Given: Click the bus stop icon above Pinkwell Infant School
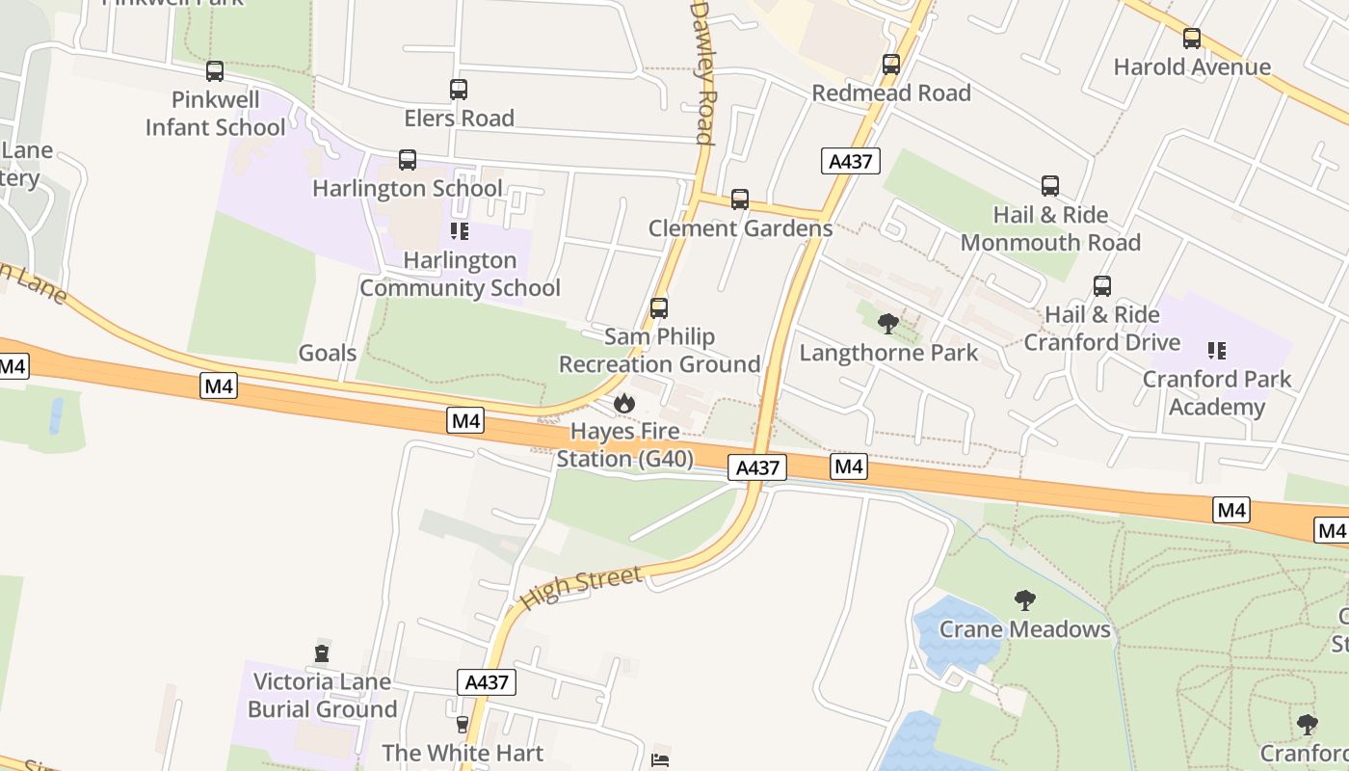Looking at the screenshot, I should point(215,71).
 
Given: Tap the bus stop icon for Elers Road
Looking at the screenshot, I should point(459,90).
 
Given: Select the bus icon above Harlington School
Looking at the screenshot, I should point(408,160).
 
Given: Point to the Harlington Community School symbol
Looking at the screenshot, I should point(460,231).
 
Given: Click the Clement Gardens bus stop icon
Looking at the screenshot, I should point(740,199).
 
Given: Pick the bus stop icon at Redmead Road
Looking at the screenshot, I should point(891,65).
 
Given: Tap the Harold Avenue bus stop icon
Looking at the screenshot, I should point(1192,39).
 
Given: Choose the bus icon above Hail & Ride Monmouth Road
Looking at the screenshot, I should point(1050,186).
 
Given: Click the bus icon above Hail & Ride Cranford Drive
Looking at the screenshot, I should point(1101,286).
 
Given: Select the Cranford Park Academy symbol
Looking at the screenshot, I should point(1217,351).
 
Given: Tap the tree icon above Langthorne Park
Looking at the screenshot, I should point(888,324).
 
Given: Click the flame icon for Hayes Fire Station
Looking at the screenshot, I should point(624,402).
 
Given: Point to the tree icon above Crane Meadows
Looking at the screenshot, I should point(1025,600).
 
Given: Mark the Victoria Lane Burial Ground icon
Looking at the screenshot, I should point(322,652).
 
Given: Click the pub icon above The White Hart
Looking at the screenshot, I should point(462,725).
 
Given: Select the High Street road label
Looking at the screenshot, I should point(581,588).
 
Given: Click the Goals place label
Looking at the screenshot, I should point(328,353).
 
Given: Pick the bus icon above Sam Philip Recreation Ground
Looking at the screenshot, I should point(659,308).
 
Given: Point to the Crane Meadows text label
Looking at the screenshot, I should point(1025,629).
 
